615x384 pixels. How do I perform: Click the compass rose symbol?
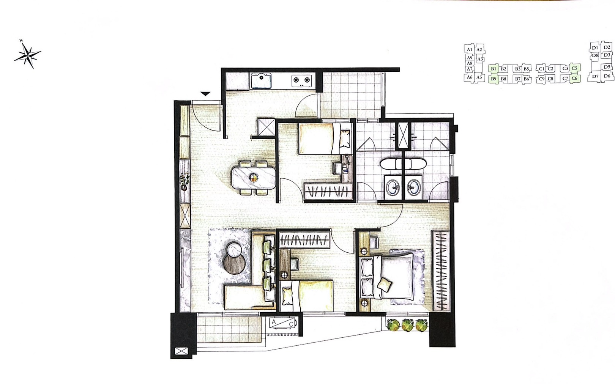(28, 55)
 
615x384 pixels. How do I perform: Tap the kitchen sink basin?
(261, 81)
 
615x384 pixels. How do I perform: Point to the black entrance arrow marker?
(205, 94)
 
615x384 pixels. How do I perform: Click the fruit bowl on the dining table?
(254, 178)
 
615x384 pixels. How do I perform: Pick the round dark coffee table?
(235, 264)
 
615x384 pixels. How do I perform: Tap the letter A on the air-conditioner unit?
(273, 322)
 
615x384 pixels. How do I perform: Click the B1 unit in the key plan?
(494, 69)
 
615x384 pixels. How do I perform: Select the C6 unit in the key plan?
(574, 78)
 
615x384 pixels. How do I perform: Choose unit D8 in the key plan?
(595, 55)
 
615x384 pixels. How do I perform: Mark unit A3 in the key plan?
(480, 59)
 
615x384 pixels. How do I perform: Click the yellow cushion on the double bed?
(384, 284)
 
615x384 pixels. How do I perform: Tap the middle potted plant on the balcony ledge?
(407, 325)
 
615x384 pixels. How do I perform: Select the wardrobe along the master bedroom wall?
(440, 271)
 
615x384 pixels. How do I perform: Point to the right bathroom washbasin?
(413, 187)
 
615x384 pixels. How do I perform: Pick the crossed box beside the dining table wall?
(266, 127)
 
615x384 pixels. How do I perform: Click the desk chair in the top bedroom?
(337, 168)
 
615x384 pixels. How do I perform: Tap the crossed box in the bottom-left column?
(181, 351)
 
